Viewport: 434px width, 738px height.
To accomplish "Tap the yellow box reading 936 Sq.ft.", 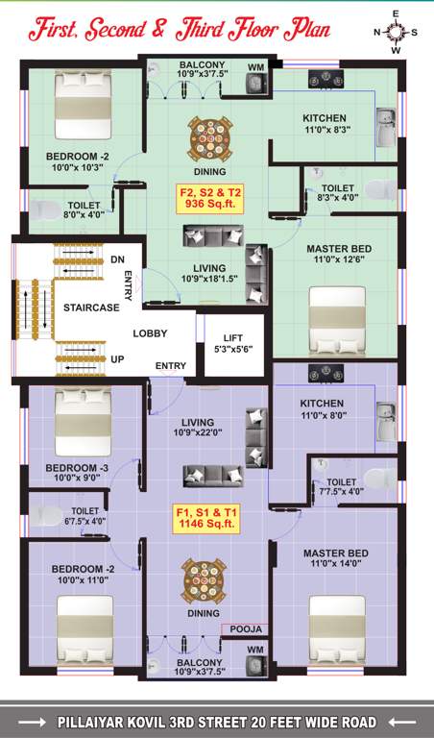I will point(209,199).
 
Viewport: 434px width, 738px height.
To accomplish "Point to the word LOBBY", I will point(150,333).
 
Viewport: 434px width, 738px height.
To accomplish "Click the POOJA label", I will point(247,629).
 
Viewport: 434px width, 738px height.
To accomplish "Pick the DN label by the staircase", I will point(117,259).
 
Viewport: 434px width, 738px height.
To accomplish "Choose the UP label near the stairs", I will point(117,358).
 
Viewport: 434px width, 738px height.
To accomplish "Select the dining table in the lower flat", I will point(203,580).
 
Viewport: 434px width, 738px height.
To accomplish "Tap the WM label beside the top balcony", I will point(255,66).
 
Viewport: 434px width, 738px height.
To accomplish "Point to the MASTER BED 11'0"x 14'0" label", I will point(336,558).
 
